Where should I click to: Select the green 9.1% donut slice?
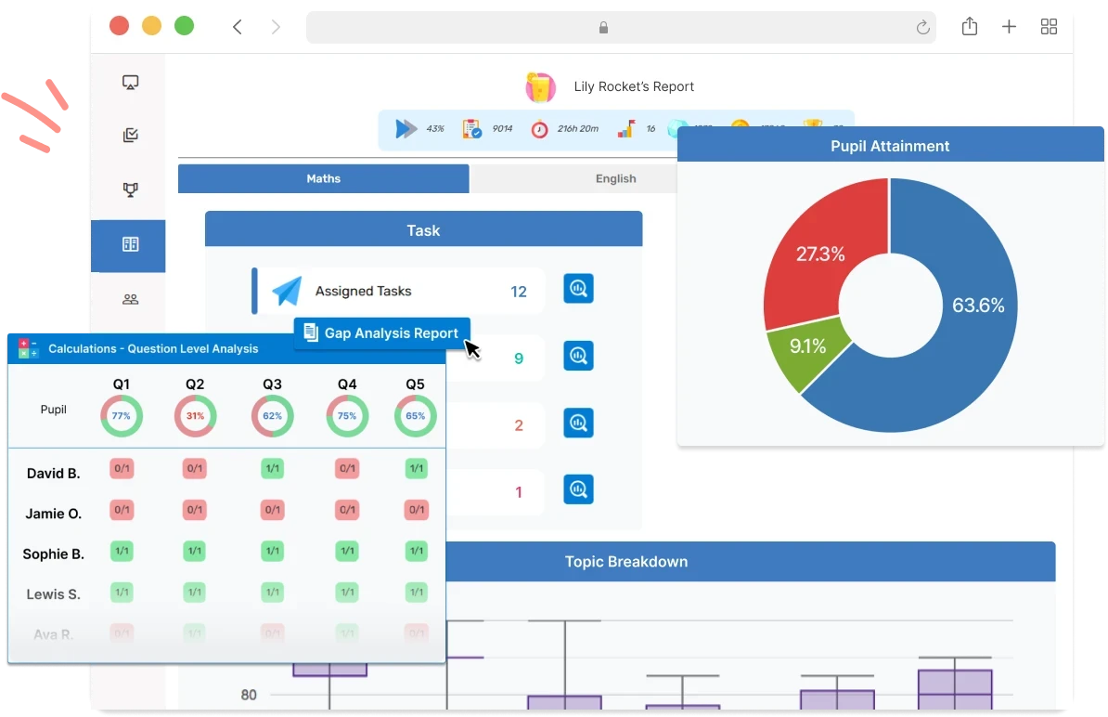[805, 348]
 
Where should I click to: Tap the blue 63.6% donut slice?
[965, 316]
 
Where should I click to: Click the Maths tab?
[324, 178]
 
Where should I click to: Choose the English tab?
[615, 178]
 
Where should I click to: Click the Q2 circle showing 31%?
[195, 416]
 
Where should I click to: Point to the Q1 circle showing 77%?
[122, 416]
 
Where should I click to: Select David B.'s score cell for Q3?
[272, 469]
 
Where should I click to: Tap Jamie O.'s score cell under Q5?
[416, 510]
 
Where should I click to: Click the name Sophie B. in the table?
[53, 554]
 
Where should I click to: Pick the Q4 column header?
[347, 385]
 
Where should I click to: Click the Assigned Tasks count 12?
[518, 292]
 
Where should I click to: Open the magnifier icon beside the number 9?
[578, 356]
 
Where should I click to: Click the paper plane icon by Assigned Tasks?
[287, 292]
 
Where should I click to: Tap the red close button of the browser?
[119, 26]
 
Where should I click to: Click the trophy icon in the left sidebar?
[130, 190]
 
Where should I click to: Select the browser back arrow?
[238, 27]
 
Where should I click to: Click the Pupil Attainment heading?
[889, 146]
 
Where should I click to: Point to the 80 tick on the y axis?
[249, 695]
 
